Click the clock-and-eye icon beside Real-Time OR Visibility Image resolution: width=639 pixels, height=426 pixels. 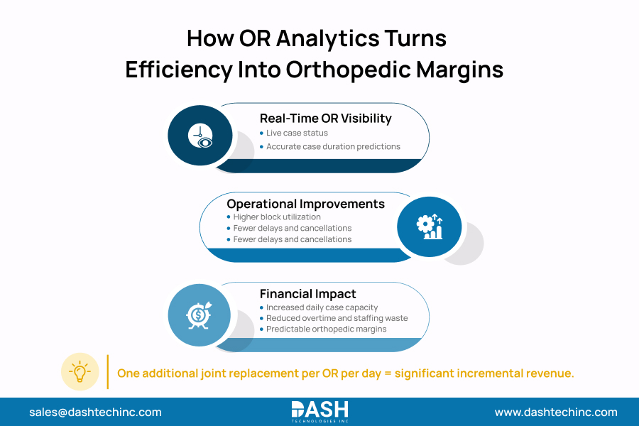200,135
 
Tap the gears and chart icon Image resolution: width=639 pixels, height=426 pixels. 429,226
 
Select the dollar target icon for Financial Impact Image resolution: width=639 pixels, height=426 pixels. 199,315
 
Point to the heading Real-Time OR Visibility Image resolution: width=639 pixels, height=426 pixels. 325,119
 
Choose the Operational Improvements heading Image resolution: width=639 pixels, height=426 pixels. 305,204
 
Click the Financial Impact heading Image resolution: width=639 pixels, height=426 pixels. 307,293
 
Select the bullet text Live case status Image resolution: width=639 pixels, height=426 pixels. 297,133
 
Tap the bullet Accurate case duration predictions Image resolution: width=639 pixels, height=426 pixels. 333,146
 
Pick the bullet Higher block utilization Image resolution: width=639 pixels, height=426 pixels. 277,217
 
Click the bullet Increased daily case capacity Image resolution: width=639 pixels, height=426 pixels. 322,307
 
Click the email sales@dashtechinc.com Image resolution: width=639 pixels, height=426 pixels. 95,412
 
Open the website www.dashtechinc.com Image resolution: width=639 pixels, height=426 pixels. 556,412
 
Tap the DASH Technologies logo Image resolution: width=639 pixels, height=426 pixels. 319,412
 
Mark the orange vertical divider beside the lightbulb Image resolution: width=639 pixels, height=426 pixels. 107,372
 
